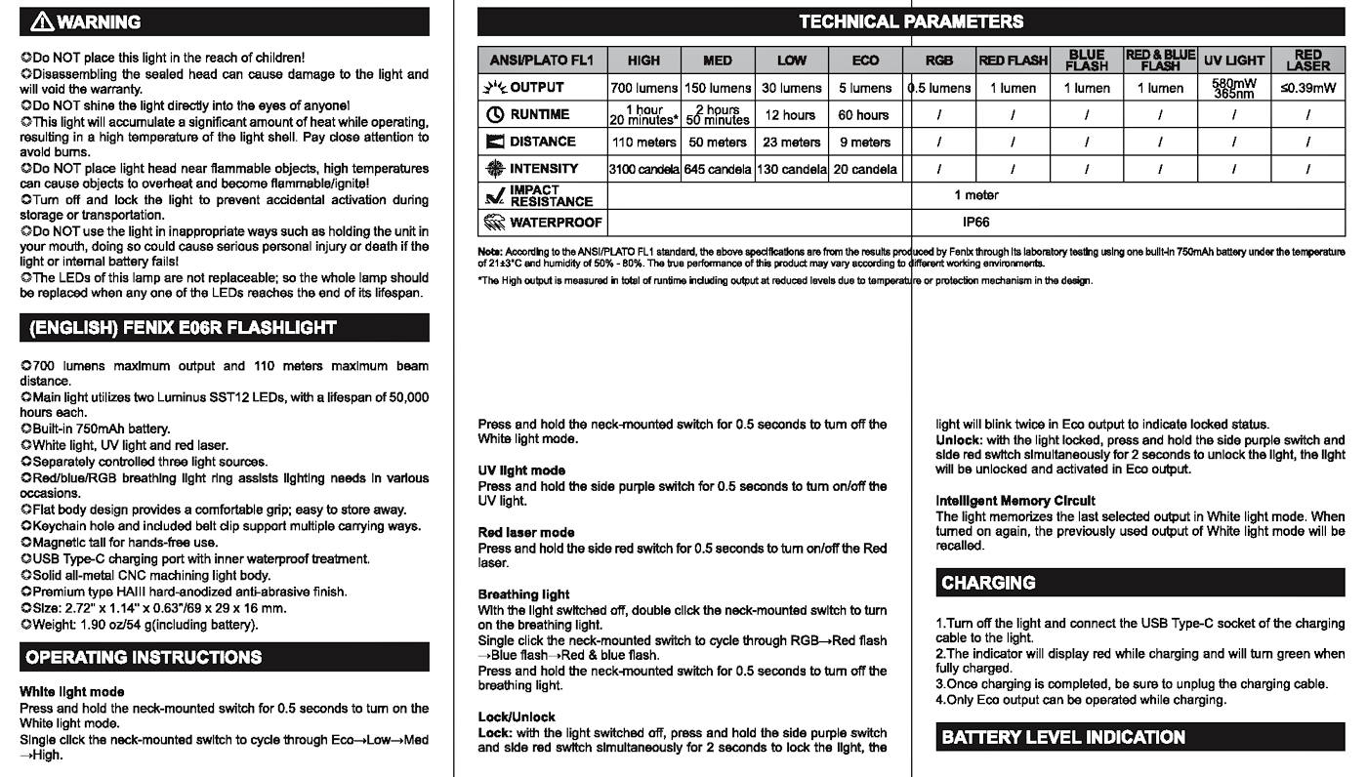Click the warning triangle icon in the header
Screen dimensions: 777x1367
(42, 21)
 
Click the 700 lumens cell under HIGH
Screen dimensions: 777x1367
(643, 88)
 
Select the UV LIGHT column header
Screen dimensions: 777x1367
(1234, 61)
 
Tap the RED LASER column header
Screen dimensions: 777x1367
(1307, 61)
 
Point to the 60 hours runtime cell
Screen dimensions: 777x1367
(864, 115)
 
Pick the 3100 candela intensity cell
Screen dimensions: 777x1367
(643, 169)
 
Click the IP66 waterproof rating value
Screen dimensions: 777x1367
(975, 223)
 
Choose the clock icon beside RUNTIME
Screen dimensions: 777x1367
(494, 115)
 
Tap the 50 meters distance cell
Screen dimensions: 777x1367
(718, 143)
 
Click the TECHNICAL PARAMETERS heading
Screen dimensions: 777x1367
(910, 21)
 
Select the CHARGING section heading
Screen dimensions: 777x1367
(988, 583)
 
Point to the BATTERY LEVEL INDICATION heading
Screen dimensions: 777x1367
(1062, 737)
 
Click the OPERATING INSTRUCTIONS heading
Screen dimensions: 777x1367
(144, 657)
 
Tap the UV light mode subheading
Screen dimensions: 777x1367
(521, 470)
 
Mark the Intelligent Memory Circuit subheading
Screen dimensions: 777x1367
(1015, 501)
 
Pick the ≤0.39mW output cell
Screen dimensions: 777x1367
(1307, 88)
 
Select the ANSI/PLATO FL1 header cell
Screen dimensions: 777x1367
(542, 61)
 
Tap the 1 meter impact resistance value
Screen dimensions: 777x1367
(975, 195)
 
